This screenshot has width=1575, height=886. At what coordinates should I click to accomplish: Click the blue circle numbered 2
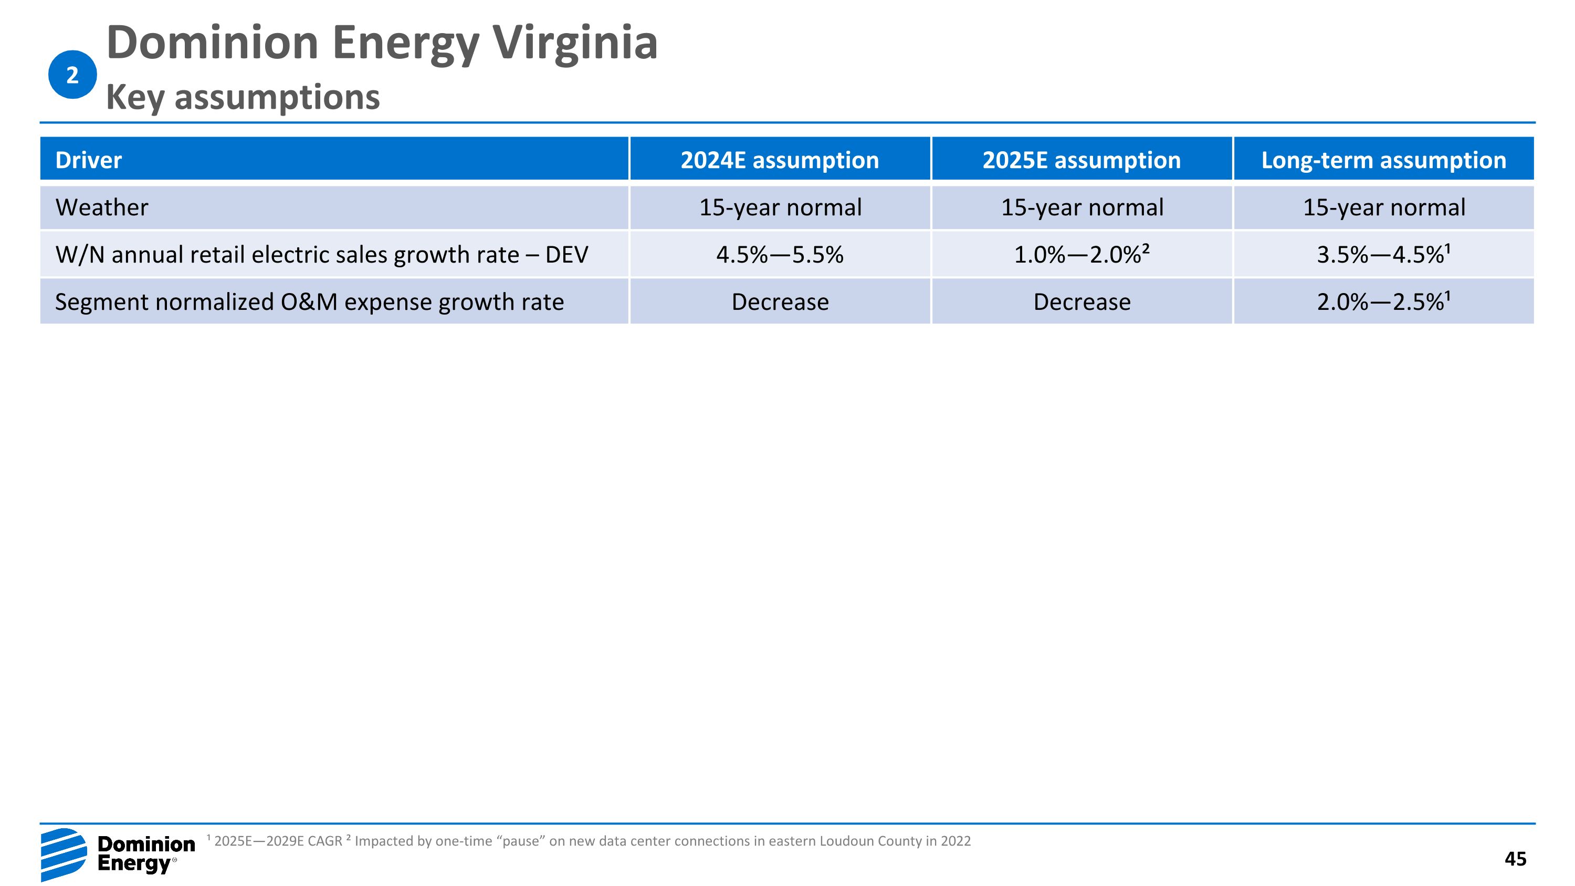tap(72, 75)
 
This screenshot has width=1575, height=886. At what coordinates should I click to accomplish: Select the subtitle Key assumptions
tap(243, 97)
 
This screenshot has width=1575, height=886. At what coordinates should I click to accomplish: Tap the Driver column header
tap(89, 160)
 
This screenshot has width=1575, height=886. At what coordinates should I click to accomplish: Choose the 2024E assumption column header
tap(780, 160)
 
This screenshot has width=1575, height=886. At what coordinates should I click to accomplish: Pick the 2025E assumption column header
tap(1081, 160)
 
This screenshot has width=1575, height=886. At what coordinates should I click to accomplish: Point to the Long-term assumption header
tap(1383, 160)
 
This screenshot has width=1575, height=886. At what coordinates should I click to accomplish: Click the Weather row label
tap(101, 207)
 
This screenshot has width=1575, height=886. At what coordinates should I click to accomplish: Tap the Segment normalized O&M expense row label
tap(309, 302)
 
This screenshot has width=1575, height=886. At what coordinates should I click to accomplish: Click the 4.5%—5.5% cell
tap(780, 254)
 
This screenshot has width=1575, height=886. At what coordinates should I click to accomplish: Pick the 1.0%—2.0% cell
tap(1081, 254)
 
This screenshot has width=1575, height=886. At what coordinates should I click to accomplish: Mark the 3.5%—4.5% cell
tap(1383, 254)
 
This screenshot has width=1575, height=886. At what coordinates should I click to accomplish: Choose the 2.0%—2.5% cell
tap(1383, 301)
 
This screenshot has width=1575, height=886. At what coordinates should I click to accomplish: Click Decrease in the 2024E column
tap(780, 302)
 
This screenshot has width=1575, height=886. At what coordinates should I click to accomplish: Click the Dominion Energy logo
tap(118, 854)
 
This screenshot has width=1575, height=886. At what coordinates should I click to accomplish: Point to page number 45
tap(1515, 859)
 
